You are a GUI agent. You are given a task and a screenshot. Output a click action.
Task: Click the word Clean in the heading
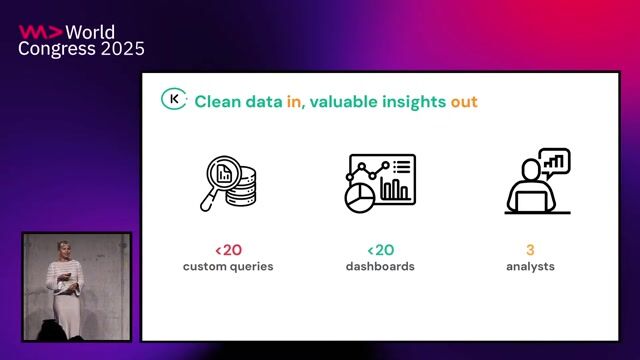click(217, 101)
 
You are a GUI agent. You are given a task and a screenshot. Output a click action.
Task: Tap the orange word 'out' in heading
click(464, 101)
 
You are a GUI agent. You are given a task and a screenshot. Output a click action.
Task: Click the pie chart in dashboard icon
click(359, 196)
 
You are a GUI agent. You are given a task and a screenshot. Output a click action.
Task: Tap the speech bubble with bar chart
click(553, 160)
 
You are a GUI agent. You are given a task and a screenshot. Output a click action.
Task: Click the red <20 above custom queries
click(227, 250)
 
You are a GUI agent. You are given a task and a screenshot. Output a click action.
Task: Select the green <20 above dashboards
click(381, 250)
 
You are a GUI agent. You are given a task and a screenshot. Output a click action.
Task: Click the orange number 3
click(530, 250)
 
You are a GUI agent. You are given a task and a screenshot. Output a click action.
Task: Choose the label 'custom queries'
click(228, 267)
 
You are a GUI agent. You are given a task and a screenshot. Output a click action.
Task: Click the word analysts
click(530, 267)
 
